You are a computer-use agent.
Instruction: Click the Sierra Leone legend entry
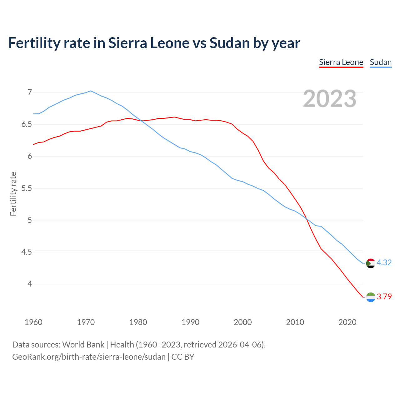pos(341,62)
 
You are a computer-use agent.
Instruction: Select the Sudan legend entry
pos(381,62)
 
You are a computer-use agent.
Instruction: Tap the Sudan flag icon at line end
pos(371,263)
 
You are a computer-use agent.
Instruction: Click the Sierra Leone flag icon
pos(371,297)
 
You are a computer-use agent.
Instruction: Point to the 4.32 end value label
pos(384,263)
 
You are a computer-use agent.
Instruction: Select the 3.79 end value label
pos(384,297)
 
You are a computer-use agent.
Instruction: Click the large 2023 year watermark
pos(330,99)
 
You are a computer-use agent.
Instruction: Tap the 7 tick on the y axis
pos(30,92)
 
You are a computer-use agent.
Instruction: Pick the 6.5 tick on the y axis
pos(27,124)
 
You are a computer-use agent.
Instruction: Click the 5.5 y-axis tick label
pos(27,188)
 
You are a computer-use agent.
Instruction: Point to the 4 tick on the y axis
pos(30,284)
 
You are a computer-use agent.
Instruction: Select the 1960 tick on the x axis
pos(33,322)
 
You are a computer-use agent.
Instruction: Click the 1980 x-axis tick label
pos(138,322)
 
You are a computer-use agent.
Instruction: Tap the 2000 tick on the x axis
pos(243,322)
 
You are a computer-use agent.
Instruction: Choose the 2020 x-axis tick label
pos(347,322)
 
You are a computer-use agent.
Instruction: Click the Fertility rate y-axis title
pos(13,194)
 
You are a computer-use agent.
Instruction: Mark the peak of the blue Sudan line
pos(91,91)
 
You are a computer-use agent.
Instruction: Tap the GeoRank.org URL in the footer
pos(89,357)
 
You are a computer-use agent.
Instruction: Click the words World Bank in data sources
pos(83,345)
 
